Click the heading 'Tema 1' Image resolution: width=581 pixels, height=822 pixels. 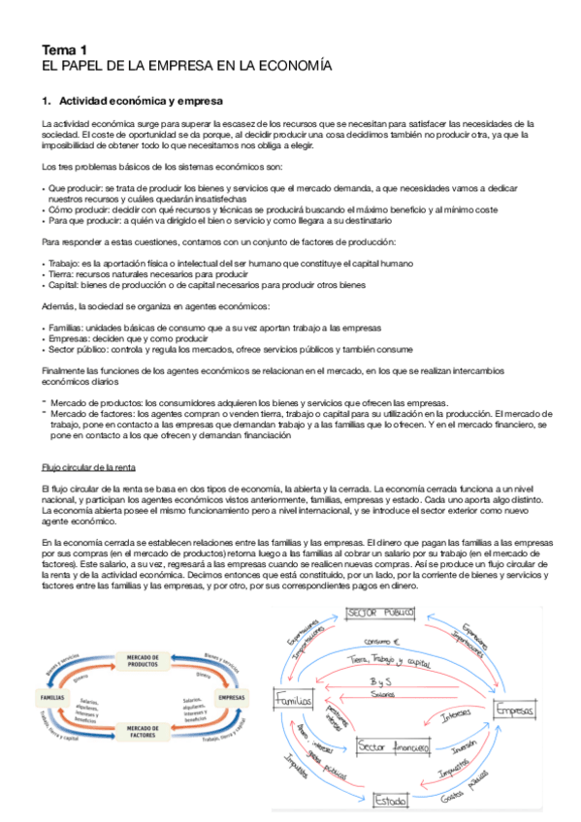point(63,49)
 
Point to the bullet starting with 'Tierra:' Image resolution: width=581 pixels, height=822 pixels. point(145,274)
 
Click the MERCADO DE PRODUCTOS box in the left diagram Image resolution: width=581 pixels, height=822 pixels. point(143,662)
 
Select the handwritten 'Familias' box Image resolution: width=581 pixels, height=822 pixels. point(293,700)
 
